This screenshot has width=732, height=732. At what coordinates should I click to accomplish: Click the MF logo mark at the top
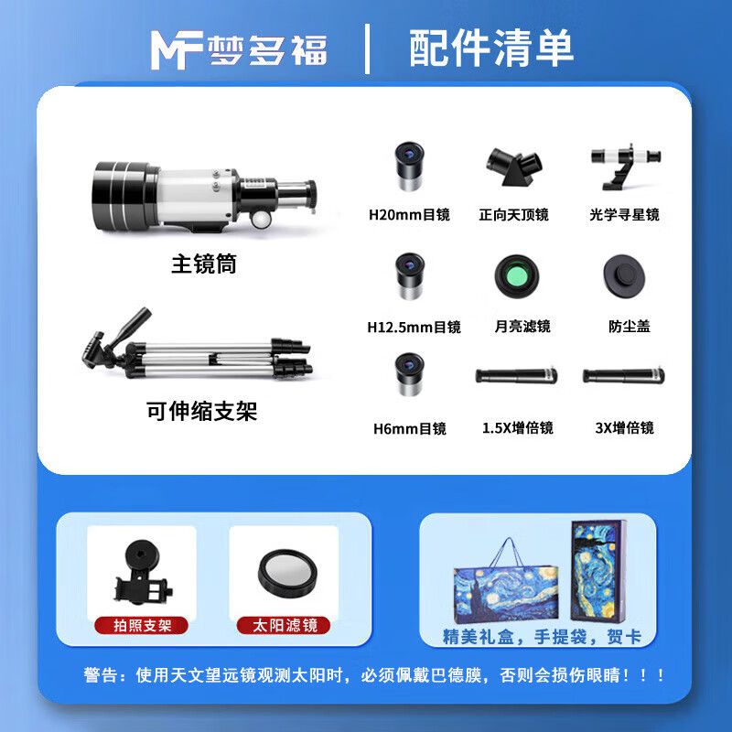pyautogui.click(x=177, y=50)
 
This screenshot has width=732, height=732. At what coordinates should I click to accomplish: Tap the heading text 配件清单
pyautogui.click(x=491, y=48)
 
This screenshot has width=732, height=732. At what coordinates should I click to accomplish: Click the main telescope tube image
pyautogui.click(x=204, y=196)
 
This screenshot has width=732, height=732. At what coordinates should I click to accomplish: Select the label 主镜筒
pyautogui.click(x=204, y=264)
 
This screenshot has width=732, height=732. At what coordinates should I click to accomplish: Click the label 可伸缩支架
pyautogui.click(x=201, y=411)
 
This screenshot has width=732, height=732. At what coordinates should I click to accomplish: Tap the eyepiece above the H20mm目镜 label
pyautogui.click(x=409, y=167)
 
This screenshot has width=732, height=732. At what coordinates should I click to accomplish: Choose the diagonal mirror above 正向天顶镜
pyautogui.click(x=514, y=167)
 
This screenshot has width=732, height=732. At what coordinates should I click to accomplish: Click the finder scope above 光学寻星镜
pyautogui.click(x=626, y=167)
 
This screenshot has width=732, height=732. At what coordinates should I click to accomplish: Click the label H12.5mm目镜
pyautogui.click(x=414, y=327)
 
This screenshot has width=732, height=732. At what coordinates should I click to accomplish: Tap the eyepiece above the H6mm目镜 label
pyautogui.click(x=409, y=374)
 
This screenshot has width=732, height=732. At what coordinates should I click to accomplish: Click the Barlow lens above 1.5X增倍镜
pyautogui.click(x=516, y=376)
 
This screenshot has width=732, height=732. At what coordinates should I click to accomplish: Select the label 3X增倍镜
pyautogui.click(x=624, y=428)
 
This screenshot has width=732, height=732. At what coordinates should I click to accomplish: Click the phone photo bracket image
pyautogui.click(x=142, y=573)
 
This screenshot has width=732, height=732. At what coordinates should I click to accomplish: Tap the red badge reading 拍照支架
pyautogui.click(x=142, y=626)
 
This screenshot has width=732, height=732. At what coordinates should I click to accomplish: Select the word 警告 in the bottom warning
pyautogui.click(x=100, y=675)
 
